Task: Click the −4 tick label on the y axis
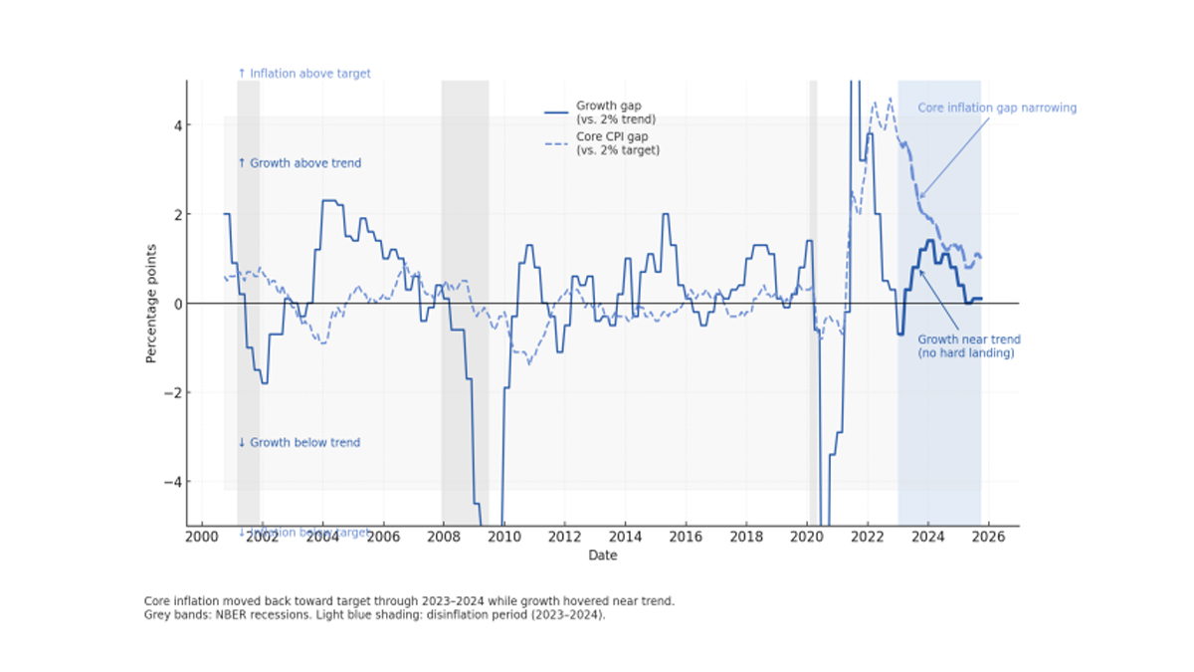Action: pos(170,482)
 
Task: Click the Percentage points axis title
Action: pos(152,303)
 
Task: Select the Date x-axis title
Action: pos(602,556)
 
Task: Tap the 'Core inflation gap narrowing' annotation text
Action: pos(996,108)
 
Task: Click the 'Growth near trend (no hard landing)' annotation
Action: pos(968,346)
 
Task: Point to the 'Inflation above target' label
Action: pos(304,74)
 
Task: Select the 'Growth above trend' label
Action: pos(299,163)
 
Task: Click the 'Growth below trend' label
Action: pos(298,443)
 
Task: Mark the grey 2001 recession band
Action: pos(248,299)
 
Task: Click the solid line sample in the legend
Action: pos(557,112)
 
